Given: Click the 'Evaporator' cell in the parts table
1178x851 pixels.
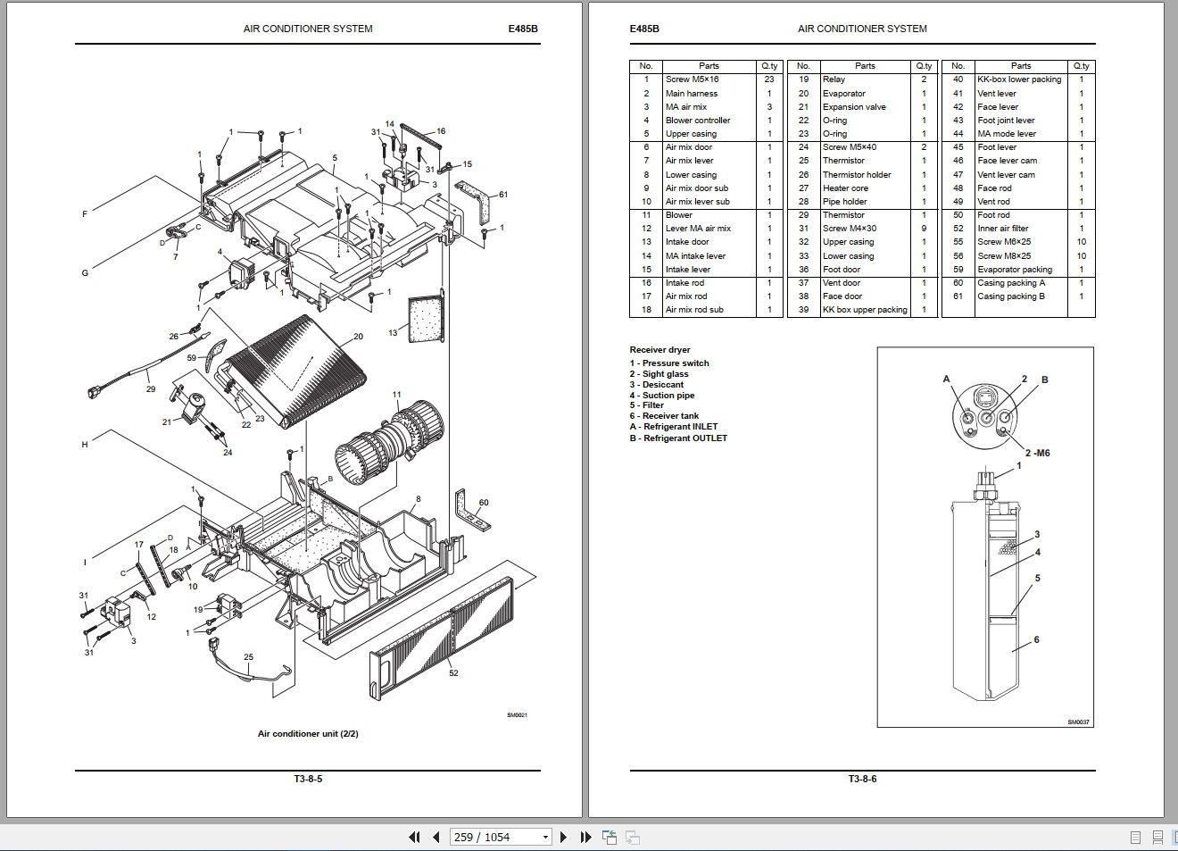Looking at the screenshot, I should [x=843, y=93].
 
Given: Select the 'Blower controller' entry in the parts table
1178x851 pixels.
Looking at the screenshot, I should [x=697, y=121].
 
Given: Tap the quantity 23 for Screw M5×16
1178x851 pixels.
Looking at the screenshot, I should [x=769, y=79].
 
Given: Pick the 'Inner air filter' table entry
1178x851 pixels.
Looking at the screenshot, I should [x=1002, y=229].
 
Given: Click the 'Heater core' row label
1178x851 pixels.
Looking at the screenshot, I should [x=845, y=188].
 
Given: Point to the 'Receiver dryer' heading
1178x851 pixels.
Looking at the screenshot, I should [x=660, y=350].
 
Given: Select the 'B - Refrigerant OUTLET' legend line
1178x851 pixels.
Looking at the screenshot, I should [x=678, y=438].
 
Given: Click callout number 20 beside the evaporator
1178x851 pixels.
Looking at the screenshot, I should [x=358, y=337].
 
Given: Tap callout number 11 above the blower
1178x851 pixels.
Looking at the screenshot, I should [x=396, y=394].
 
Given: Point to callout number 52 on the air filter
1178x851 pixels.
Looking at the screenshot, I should [x=453, y=672].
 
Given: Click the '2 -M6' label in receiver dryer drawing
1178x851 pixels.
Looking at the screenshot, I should [x=1037, y=453].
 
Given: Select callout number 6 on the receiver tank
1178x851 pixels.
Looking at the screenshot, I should [x=1036, y=639].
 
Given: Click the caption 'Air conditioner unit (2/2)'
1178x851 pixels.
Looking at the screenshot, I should [x=308, y=734].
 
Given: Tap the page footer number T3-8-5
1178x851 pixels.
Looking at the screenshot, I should [x=308, y=779].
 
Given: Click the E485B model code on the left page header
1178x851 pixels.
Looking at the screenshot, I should [x=523, y=29].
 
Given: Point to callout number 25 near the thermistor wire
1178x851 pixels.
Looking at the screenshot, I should [x=248, y=657].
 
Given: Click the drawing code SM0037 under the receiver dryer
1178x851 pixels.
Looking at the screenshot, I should [x=1078, y=722].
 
